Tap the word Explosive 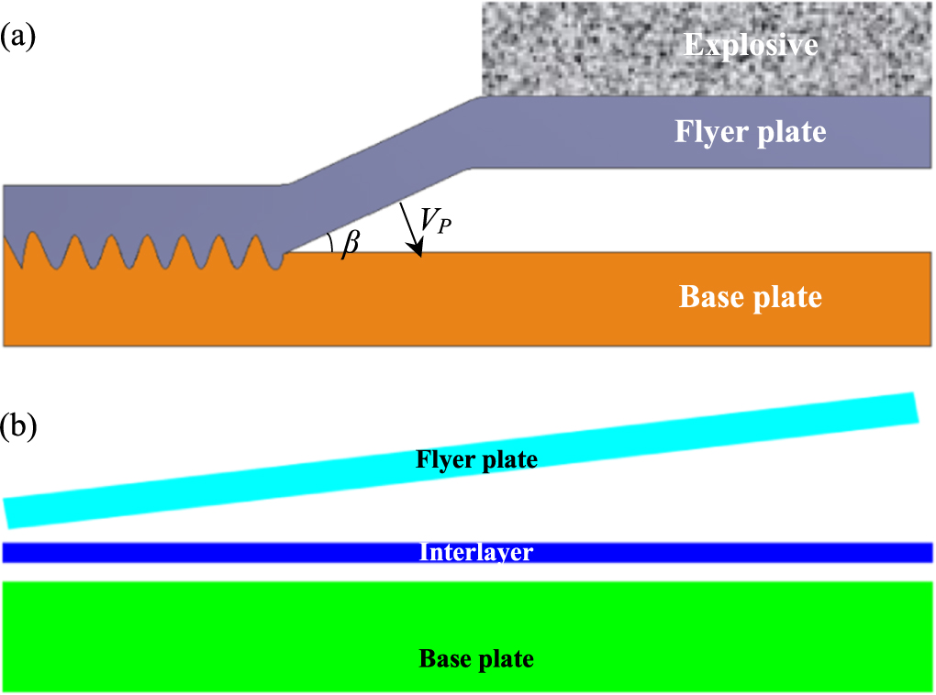[750, 44]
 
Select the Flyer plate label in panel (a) [750, 132]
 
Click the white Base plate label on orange [750, 297]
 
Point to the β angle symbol [350, 244]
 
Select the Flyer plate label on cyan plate [476, 458]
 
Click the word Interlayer [476, 552]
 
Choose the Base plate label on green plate [476, 658]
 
